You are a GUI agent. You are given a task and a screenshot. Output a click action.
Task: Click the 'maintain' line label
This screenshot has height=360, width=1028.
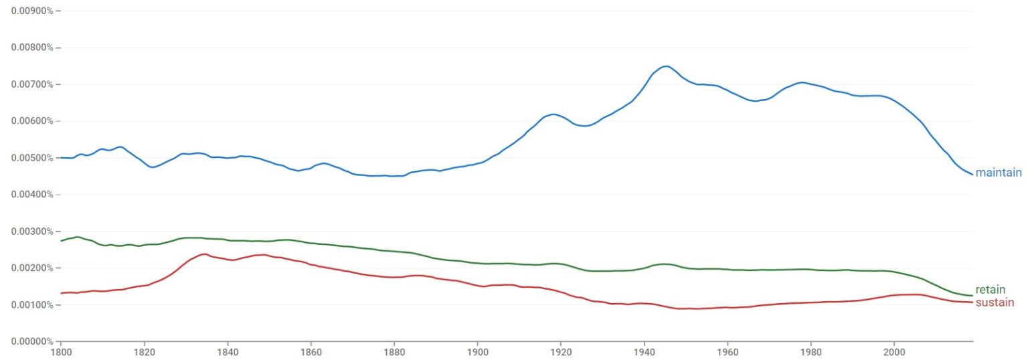pos(998,173)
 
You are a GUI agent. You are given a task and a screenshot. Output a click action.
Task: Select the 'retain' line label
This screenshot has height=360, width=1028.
pos(990,290)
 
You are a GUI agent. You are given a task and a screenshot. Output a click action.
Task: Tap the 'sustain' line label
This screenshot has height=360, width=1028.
pos(995,302)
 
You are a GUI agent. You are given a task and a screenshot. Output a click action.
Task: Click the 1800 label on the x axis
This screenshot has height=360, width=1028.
pos(61,351)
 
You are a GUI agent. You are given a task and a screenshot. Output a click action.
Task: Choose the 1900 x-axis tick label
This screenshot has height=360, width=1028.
pos(477,351)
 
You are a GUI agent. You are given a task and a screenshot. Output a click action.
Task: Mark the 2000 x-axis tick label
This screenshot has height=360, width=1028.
pos(894,351)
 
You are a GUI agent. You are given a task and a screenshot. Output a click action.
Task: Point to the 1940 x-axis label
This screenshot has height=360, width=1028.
pos(644,351)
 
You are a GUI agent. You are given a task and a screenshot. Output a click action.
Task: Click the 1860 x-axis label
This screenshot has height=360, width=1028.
pos(311,351)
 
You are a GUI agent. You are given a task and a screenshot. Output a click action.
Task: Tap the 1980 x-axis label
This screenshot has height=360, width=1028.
pos(810,351)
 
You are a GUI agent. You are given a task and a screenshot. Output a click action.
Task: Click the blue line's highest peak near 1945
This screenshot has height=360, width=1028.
pos(666,66)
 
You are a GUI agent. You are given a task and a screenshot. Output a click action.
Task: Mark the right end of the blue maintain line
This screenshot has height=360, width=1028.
pos(972,174)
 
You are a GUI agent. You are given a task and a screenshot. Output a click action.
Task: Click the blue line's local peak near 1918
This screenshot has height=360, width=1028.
pos(553,114)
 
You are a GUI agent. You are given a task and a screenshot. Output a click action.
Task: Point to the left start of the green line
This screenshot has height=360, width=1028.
pos(62,241)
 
